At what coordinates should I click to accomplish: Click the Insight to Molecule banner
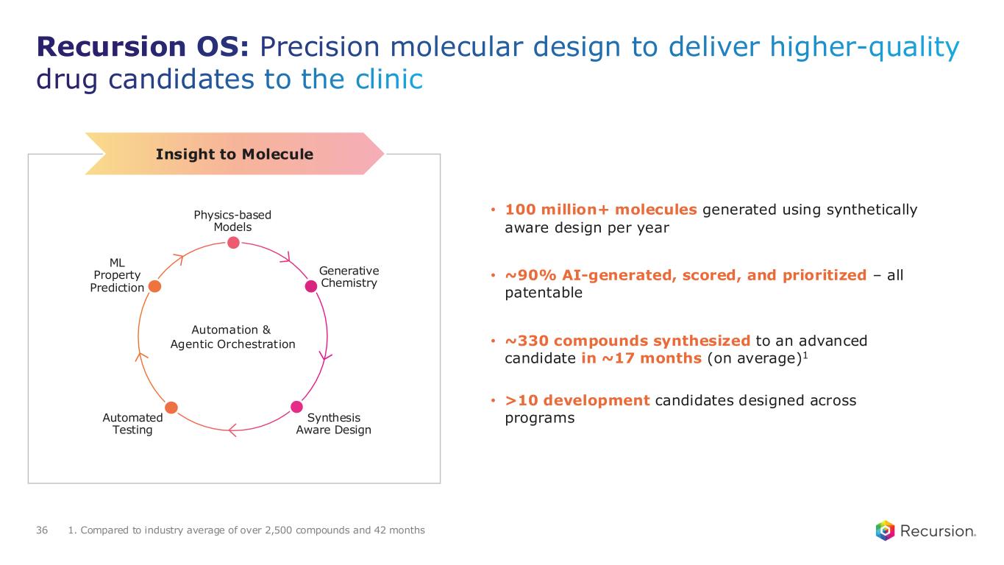tap(235, 154)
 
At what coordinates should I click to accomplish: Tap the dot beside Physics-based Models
tap(232, 242)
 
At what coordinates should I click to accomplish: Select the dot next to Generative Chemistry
tap(311, 287)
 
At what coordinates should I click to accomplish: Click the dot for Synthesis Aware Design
tap(296, 407)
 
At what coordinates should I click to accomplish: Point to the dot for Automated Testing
tap(171, 407)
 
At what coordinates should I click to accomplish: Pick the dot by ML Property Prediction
tap(154, 286)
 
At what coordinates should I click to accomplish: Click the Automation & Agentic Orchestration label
tap(232, 337)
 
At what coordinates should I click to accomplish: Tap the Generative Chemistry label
tap(349, 277)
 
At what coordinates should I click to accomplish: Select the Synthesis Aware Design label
tap(333, 424)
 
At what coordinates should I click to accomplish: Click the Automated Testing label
tap(132, 424)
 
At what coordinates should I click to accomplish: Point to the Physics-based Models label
tap(232, 221)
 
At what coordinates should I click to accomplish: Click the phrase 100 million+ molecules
tap(601, 210)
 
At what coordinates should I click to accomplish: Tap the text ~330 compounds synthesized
tap(627, 341)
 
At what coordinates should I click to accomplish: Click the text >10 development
tap(577, 401)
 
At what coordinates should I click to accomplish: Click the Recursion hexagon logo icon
tap(886, 530)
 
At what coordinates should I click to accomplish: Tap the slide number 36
tap(42, 530)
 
